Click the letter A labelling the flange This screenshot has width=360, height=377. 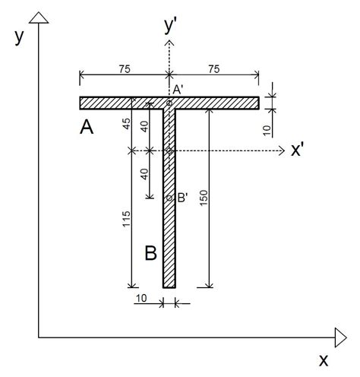[87, 128]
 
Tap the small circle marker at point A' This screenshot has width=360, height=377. [169, 102]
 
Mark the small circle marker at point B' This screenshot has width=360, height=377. [169, 198]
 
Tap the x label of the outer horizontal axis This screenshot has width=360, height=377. [324, 358]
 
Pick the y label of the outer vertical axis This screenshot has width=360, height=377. [18, 37]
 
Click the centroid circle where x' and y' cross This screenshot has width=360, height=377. [169, 151]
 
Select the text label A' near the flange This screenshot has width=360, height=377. [178, 90]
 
